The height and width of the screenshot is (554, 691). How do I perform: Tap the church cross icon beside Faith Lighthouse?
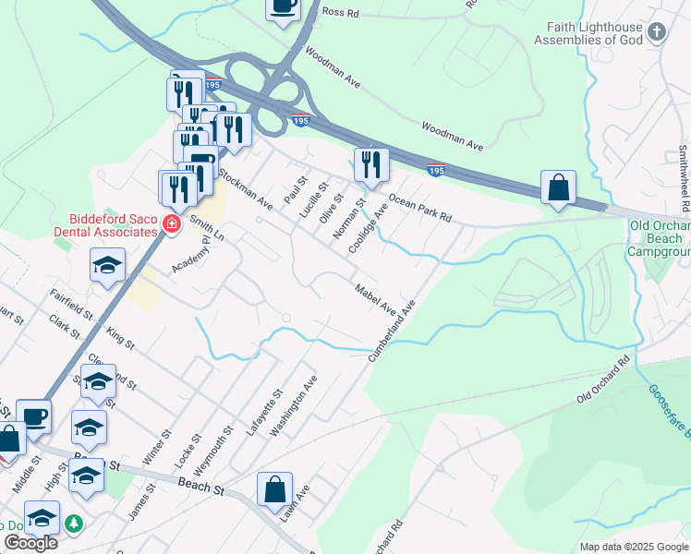(x=657, y=34)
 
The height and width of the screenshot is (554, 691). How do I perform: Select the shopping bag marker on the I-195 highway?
(x=558, y=188)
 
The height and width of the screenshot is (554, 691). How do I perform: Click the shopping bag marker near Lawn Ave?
(x=275, y=490)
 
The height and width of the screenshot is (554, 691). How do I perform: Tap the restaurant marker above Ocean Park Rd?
(x=371, y=165)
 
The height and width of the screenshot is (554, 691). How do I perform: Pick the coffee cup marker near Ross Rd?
(x=283, y=7)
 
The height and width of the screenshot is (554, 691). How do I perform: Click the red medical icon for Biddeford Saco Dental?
(x=170, y=223)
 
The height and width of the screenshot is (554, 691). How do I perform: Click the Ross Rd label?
(x=338, y=13)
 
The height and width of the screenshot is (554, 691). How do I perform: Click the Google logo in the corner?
(x=30, y=543)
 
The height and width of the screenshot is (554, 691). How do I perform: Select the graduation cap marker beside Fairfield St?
(x=107, y=266)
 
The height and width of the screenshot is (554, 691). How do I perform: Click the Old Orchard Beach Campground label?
(x=659, y=238)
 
